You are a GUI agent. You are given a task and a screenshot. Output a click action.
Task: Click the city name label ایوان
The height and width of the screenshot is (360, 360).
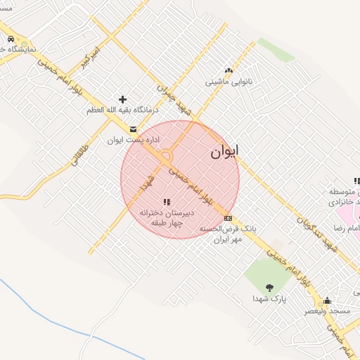224,151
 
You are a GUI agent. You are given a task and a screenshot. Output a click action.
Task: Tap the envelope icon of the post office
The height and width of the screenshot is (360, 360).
133,129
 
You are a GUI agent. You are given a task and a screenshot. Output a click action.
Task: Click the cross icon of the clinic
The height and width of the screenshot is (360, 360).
122,99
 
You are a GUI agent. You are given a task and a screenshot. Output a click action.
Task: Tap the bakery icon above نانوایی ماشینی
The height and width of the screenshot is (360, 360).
228,70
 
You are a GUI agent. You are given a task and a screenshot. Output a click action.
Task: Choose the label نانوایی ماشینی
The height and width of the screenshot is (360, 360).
228,82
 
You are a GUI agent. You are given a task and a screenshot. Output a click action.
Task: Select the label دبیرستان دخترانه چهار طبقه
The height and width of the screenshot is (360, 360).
166,217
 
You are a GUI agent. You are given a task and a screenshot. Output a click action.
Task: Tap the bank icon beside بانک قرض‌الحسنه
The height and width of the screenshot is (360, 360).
228,218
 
